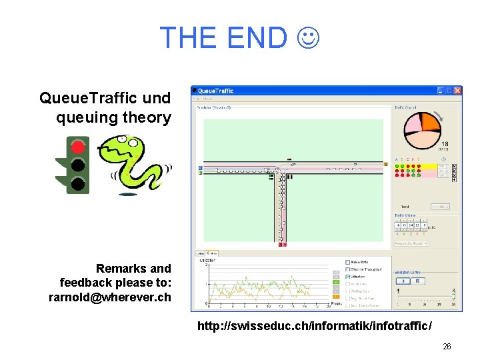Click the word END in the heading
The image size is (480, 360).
(x=257, y=38)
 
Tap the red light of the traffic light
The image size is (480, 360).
(x=79, y=146)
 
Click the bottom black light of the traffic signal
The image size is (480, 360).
(x=79, y=183)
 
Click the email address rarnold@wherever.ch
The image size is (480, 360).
(x=110, y=297)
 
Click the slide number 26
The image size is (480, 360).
(x=447, y=347)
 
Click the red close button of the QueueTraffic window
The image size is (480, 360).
(x=457, y=91)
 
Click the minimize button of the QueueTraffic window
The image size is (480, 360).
(x=441, y=91)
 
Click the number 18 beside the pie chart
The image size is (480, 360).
(x=445, y=144)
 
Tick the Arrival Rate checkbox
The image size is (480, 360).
(x=348, y=262)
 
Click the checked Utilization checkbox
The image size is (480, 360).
(x=348, y=277)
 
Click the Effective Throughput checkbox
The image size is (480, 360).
(x=348, y=269)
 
